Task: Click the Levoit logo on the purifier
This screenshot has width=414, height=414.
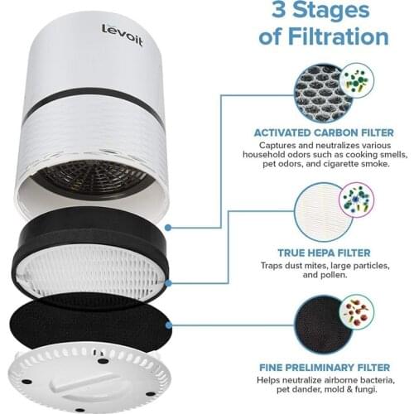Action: tap(122, 35)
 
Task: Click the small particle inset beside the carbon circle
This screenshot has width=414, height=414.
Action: tap(356, 82)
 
